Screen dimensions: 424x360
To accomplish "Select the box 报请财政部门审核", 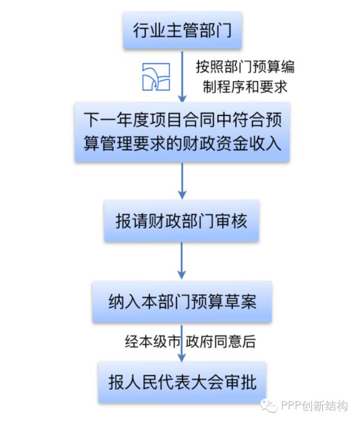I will coord(181,221).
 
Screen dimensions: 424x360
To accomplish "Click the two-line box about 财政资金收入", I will coord(182,132).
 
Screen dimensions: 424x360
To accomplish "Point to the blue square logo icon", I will coord(155,76).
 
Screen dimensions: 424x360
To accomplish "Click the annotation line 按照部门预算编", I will coord(245,66).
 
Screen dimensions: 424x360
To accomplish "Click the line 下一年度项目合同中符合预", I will coord(182,120).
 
